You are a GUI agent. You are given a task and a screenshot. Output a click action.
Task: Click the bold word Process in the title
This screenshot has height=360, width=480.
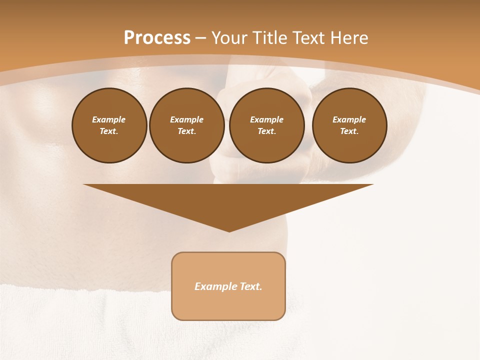[x=157, y=38]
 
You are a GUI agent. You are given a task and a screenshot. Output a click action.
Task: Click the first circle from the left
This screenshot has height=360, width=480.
[x=109, y=125]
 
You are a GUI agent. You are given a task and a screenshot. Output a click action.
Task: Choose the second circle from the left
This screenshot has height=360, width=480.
[x=187, y=125]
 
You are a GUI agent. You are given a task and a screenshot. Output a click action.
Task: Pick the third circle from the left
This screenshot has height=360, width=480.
[x=266, y=125]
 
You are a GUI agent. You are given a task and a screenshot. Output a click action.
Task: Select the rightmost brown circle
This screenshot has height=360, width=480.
[x=349, y=125]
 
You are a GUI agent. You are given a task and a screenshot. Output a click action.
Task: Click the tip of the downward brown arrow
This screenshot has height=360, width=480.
[x=229, y=231]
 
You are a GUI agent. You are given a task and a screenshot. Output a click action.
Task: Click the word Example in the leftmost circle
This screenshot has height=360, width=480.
[x=109, y=120]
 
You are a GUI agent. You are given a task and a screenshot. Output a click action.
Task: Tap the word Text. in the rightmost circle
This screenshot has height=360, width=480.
[x=349, y=131]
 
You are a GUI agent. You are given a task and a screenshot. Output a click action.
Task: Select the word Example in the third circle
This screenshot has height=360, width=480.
[x=266, y=120]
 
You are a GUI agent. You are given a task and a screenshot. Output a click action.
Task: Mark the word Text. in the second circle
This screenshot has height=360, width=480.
[x=187, y=131]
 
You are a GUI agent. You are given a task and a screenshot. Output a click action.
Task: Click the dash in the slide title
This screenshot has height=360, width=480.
[x=200, y=38]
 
